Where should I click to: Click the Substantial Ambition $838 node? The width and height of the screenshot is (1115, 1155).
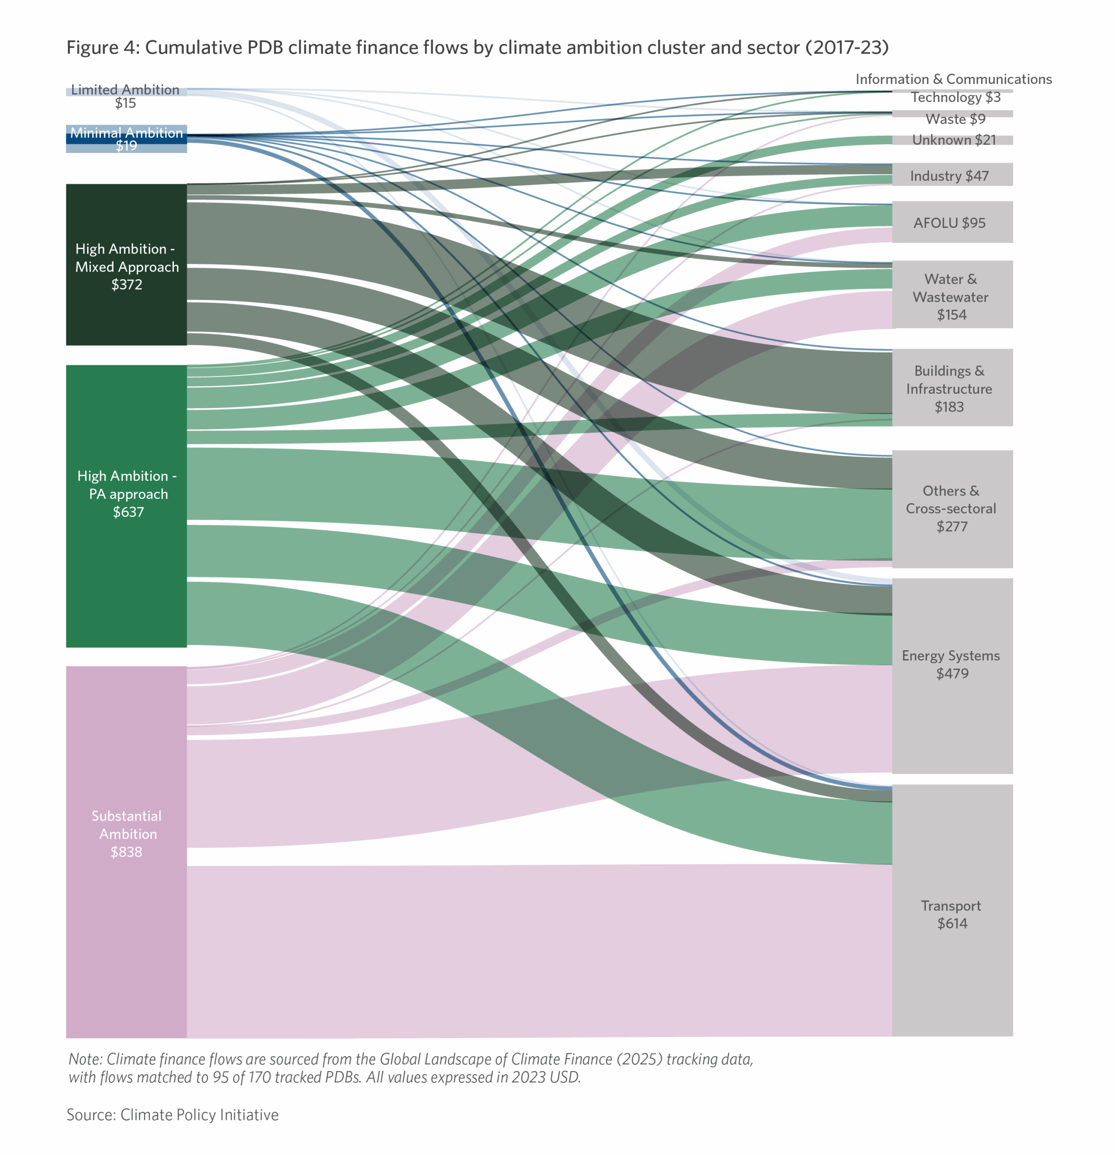pyautogui.click(x=126, y=834)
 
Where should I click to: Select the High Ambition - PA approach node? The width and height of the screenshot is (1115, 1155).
pyautogui.click(x=126, y=494)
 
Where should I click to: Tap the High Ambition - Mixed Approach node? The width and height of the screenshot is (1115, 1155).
pyautogui.click(x=126, y=266)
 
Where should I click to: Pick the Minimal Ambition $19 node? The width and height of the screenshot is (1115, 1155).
pyautogui.click(x=126, y=139)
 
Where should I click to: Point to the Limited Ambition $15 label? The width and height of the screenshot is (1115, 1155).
pyautogui.click(x=125, y=96)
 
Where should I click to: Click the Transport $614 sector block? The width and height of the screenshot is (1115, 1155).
pyautogui.click(x=952, y=915)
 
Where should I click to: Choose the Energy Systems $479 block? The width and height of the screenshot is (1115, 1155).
pyautogui.click(x=952, y=665)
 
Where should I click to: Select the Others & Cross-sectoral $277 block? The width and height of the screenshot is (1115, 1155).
pyautogui.click(x=952, y=508)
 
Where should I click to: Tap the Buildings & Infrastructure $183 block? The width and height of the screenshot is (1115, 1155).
pyautogui.click(x=952, y=388)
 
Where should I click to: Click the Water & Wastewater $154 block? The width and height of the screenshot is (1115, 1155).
pyautogui.click(x=952, y=296)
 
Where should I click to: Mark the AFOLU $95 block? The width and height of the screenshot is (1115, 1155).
pyautogui.click(x=952, y=223)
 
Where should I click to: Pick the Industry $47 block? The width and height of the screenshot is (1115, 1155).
pyautogui.click(x=952, y=176)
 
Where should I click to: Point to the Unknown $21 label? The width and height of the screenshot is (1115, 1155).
pyautogui.click(x=953, y=140)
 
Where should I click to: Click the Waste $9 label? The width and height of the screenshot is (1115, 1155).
pyautogui.click(x=955, y=119)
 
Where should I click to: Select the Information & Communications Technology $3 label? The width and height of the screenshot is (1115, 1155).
pyautogui.click(x=953, y=88)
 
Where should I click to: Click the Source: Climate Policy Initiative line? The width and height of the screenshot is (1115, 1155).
pyautogui.click(x=172, y=1115)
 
